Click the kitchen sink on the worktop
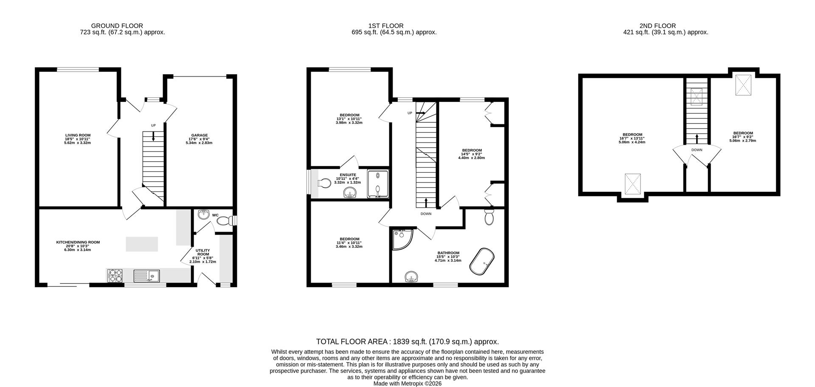(146, 276)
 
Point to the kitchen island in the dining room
(142, 244)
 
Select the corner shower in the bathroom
(401, 239)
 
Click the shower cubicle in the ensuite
(377, 185)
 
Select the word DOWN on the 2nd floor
(697, 150)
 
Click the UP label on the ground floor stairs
(153, 125)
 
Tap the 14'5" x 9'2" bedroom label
(472, 150)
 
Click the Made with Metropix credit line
(407, 383)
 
